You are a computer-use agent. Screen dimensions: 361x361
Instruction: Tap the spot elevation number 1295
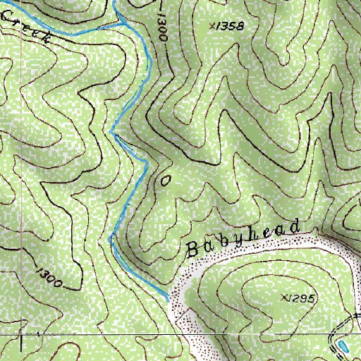coord(301,298)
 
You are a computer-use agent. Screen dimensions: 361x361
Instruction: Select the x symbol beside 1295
coord(283,298)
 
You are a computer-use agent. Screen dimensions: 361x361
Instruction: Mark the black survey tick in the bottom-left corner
coord(21,343)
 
